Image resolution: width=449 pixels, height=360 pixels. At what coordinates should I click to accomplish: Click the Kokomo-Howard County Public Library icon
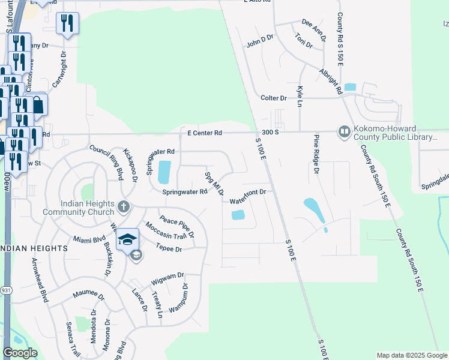pyautogui.click(x=344, y=131)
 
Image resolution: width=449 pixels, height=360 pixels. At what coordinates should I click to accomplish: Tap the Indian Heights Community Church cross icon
pyautogui.click(x=124, y=207)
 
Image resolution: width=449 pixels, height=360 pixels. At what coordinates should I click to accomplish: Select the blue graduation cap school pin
pyautogui.click(x=127, y=239)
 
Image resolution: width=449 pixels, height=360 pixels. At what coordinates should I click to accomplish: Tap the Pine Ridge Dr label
pyautogui.click(x=316, y=154)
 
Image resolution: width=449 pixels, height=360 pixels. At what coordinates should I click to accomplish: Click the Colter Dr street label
pyautogui.click(x=273, y=98)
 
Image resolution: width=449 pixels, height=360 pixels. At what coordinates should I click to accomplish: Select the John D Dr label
pyautogui.click(x=259, y=41)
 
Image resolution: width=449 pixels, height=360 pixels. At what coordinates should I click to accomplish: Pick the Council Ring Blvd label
pyautogui.click(x=106, y=162)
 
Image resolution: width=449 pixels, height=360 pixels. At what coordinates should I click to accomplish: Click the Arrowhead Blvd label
pyautogui.click(x=40, y=281)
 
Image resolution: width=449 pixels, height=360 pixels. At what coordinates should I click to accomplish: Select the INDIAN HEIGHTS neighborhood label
pyautogui.click(x=33, y=248)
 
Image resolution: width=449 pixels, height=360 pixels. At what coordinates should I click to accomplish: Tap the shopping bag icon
pyautogui.click(x=37, y=105)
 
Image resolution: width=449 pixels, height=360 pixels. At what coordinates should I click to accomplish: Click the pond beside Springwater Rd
pyautogui.click(x=163, y=172)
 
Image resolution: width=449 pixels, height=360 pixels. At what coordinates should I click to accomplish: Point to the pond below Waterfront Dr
pyautogui.click(x=238, y=214)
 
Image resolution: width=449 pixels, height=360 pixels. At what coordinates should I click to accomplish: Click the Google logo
pyautogui.click(x=20, y=353)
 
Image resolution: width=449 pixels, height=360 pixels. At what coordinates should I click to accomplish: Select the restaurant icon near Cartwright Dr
pyautogui.click(x=67, y=23)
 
